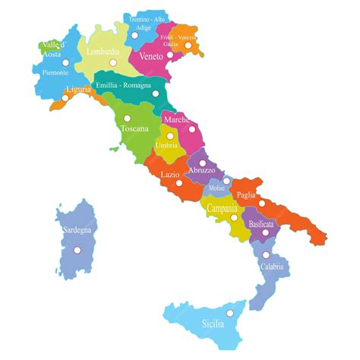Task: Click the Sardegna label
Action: [x=73, y=229]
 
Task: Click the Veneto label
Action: [x=151, y=56]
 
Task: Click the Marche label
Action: [x=176, y=119]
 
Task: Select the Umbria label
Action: [x=166, y=145]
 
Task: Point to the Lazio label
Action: [x=170, y=174]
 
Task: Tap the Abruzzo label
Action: [x=203, y=171]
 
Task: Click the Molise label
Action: [x=218, y=188]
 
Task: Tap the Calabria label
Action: [x=272, y=267]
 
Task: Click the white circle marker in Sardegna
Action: [x=76, y=249]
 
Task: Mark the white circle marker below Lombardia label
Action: [x=114, y=62]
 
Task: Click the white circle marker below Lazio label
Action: [x=179, y=182]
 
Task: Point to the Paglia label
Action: [x=246, y=195]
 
